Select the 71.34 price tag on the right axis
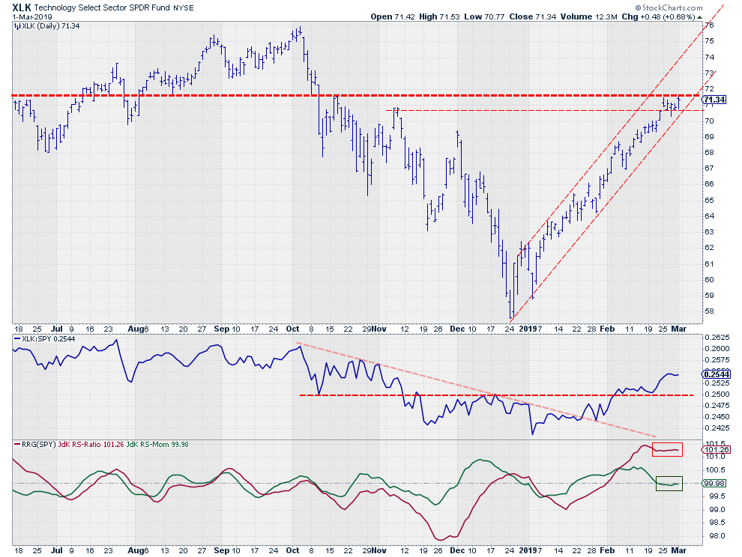click(715, 100)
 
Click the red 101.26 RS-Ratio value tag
click(715, 450)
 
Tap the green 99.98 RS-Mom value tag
click(715, 484)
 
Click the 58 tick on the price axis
click(709, 311)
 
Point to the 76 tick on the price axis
click(709, 25)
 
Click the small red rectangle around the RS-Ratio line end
click(666, 449)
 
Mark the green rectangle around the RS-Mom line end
click(669, 484)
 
